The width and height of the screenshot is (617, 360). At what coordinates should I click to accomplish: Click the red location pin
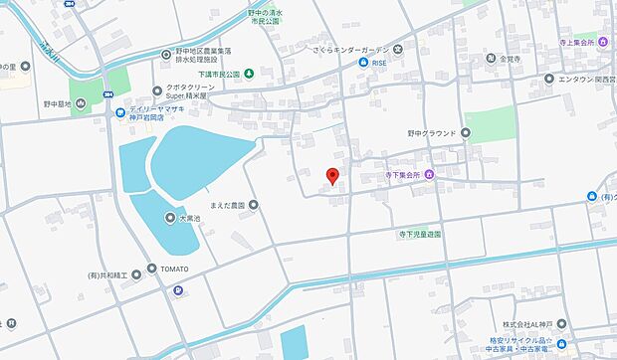click(333, 177)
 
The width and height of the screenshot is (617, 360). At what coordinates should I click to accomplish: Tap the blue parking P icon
click(178, 290)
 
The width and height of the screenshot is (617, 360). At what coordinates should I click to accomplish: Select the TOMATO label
click(170, 270)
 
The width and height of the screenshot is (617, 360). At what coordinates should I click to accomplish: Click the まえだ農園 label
click(230, 206)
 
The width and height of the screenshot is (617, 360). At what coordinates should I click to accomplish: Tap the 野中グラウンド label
click(431, 132)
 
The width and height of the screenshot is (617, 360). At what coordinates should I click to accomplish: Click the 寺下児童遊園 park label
click(415, 235)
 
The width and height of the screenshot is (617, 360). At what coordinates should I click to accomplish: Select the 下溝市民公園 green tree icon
click(249, 74)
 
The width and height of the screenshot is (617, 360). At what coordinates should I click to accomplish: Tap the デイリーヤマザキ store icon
click(119, 111)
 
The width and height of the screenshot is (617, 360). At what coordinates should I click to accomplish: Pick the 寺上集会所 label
click(592, 42)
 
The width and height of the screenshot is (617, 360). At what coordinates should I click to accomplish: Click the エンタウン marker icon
click(548, 78)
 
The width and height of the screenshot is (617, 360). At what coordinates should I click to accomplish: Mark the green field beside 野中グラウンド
click(491, 123)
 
